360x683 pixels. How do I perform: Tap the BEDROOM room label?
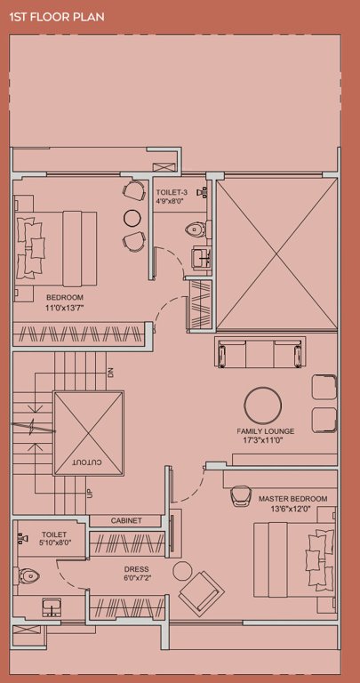65,297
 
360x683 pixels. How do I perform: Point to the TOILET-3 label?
171,192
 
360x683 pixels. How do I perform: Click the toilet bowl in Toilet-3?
195,230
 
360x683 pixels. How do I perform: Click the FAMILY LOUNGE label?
266,431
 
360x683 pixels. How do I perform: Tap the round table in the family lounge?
265,405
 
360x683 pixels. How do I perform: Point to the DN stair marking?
111,373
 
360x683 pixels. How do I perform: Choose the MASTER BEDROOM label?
292,499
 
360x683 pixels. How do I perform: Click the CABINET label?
125,520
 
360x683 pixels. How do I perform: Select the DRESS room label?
136,568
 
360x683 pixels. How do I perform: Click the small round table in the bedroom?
132,217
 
